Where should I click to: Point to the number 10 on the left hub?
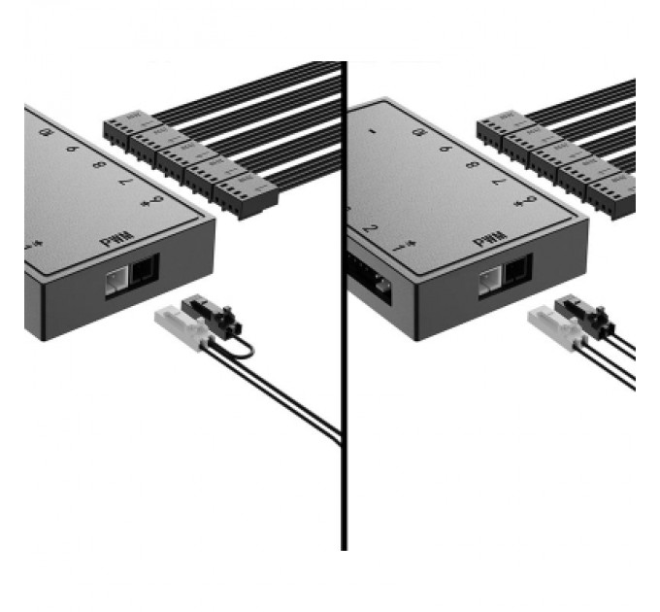pyautogui.click(x=46, y=129)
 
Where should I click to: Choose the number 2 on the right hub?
pyautogui.click(x=371, y=230)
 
